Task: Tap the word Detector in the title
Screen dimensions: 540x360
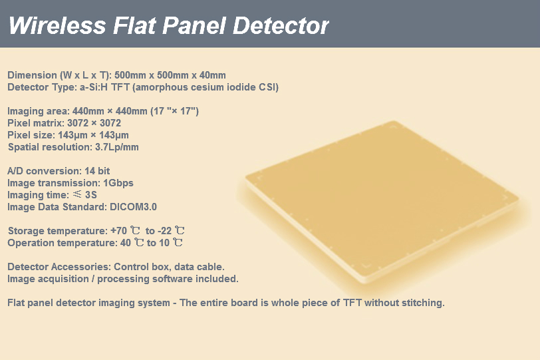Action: [281, 25]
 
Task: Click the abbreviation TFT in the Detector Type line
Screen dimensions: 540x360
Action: [120, 87]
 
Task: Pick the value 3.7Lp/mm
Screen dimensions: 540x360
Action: [117, 147]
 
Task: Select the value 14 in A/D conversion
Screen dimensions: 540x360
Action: [90, 171]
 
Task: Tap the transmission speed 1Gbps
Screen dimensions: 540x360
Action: [118, 183]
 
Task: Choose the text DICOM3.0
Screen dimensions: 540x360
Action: [133, 207]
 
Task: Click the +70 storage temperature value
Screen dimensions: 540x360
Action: [119, 231]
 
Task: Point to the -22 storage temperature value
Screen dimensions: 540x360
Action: [165, 231]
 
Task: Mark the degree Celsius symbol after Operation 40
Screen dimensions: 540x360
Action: [139, 242]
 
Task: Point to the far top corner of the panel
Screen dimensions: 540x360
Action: [393, 121]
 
